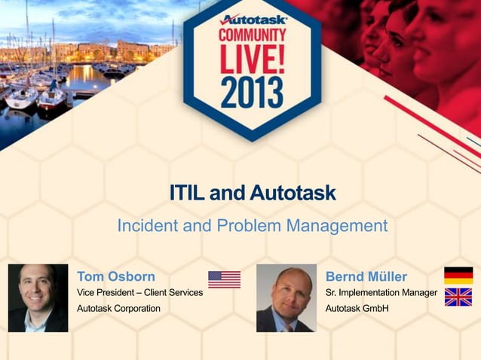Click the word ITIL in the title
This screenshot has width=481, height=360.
point(188,194)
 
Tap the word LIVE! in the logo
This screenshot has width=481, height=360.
point(252,59)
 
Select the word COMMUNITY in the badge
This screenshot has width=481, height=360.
point(252,35)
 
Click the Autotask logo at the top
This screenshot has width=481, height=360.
point(252,18)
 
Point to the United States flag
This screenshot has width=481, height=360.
point(224,279)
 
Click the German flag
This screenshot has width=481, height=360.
point(458,276)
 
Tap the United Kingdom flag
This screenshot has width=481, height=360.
point(458,297)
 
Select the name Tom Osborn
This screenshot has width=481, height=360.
point(116,276)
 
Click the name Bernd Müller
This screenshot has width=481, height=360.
point(366,276)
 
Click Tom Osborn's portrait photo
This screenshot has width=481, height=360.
point(38,298)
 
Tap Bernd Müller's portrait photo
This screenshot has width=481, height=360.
point(286,298)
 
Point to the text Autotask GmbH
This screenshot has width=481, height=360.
point(357,308)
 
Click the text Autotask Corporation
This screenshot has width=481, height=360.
point(118,308)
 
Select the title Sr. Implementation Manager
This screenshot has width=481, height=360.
point(381,292)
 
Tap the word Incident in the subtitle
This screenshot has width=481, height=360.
point(146,225)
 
